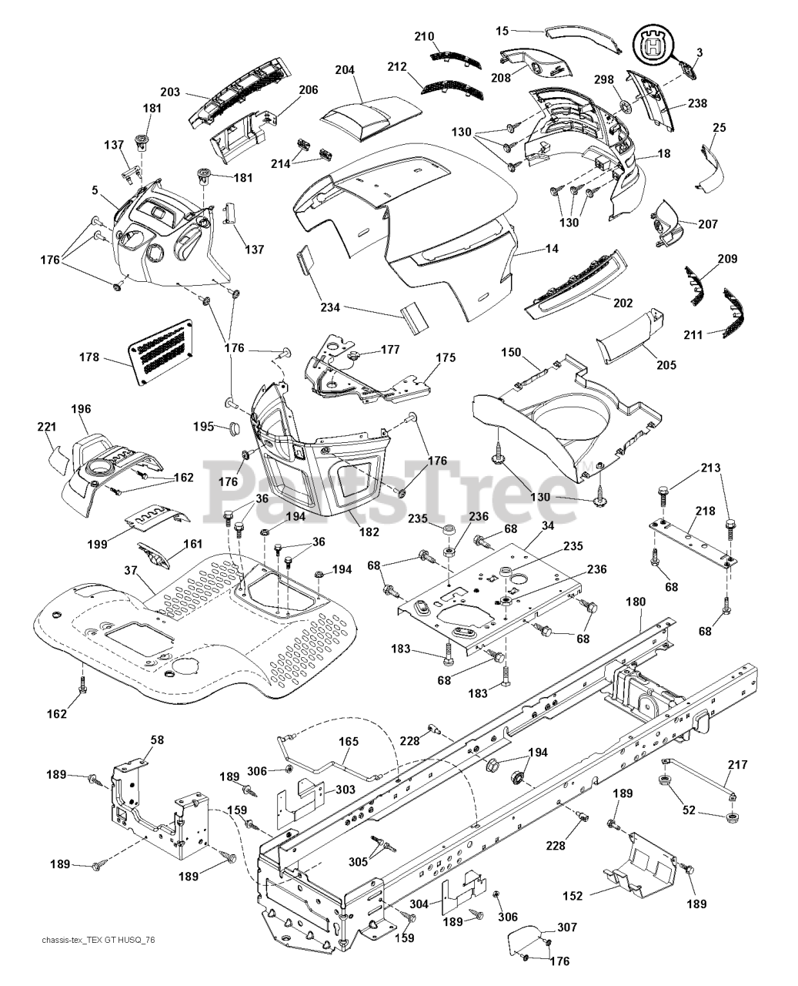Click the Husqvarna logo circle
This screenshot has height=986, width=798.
pyautogui.click(x=653, y=48)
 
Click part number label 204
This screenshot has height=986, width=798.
pyautogui.click(x=345, y=70)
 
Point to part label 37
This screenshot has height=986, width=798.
pyautogui.click(x=132, y=570)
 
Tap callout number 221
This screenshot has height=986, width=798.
pyautogui.click(x=47, y=426)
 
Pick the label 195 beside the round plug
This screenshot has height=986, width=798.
pyautogui.click(x=204, y=426)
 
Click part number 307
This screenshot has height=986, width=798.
pyautogui.click(x=567, y=927)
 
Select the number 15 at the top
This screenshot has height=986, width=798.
pyautogui.click(x=502, y=31)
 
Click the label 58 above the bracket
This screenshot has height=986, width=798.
pyautogui.click(x=157, y=739)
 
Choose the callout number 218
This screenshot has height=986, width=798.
pyautogui.click(x=705, y=511)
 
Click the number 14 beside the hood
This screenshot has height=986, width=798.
pyautogui.click(x=552, y=249)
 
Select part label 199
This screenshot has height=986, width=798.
pyautogui.click(x=98, y=545)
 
